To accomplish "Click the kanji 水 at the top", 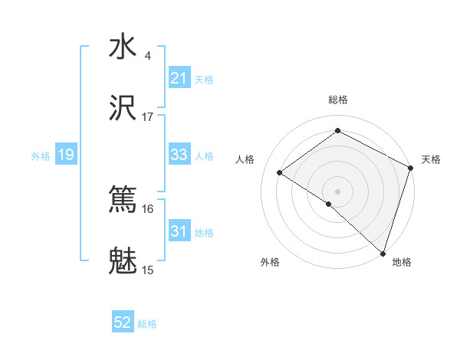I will [x=123, y=47].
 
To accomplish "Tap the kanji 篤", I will [x=123, y=199].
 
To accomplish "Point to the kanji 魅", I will [x=123, y=260].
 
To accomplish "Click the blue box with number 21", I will [x=179, y=78].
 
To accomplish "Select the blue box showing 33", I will [x=179, y=155].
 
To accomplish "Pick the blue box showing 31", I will [x=179, y=231].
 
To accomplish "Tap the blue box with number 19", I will [x=65, y=155].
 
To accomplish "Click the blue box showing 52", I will [x=123, y=322].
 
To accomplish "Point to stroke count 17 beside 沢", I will [x=148, y=117].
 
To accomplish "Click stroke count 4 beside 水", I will [x=148, y=56].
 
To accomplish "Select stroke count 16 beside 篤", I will [x=148, y=208].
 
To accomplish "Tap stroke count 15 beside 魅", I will [x=148, y=270].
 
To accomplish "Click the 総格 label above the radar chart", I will [x=337, y=100].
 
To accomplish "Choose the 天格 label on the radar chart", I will [x=431, y=159].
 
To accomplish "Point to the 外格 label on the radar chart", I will [x=270, y=262].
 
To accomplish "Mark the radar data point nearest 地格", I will [x=383, y=253].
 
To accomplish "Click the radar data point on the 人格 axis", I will [x=280, y=172].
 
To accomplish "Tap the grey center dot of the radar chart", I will [x=337, y=191].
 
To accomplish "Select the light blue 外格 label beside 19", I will [x=41, y=155].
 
